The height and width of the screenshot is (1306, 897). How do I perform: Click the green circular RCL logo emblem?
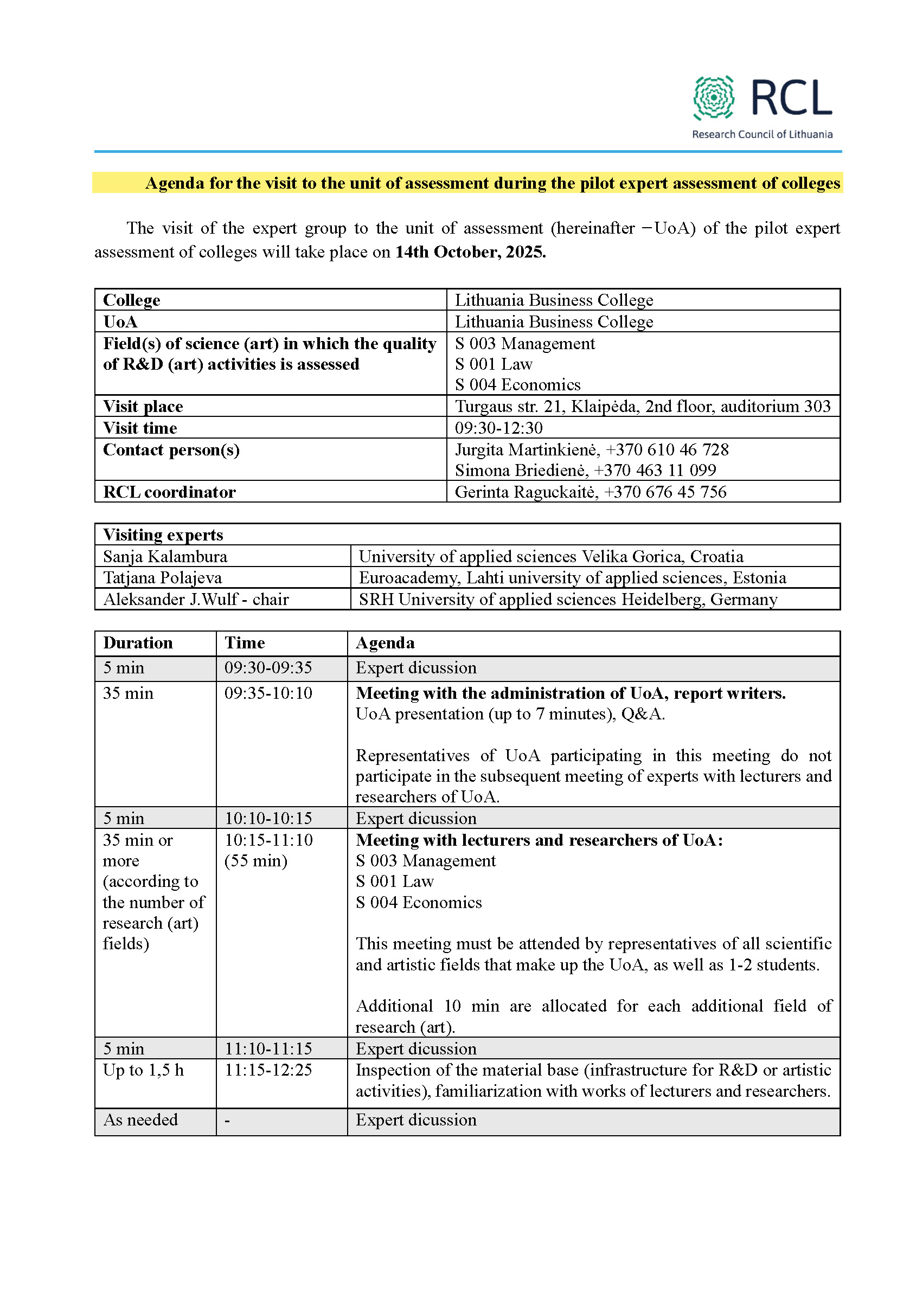coord(713,98)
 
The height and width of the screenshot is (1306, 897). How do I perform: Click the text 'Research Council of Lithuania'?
coord(761,134)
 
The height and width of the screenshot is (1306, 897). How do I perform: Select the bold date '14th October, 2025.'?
coord(470,252)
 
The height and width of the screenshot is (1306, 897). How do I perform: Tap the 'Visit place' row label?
coord(143,406)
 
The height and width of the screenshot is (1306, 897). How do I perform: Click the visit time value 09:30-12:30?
coord(498,428)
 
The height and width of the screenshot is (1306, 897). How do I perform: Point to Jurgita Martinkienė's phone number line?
coord(591,449)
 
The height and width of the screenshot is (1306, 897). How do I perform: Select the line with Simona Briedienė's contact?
coord(585,471)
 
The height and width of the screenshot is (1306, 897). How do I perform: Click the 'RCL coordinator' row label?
coord(169,492)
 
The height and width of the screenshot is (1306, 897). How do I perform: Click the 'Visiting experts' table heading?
coord(163,535)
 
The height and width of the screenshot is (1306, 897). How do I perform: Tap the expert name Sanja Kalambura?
coord(165,556)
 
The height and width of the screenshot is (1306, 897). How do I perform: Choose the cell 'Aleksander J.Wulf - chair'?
coord(196,600)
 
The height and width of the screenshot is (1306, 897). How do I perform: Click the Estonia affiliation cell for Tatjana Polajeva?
coord(572,578)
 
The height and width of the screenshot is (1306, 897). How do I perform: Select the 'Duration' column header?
coord(138,643)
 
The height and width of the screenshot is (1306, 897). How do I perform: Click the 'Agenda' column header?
coord(385,643)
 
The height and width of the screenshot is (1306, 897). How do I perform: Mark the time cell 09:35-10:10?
coord(268,693)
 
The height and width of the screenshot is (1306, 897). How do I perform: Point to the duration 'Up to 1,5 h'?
coord(143,1071)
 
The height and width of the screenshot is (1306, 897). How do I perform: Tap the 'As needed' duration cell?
coord(140,1120)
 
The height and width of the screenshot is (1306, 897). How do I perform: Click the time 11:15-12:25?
coord(268,1071)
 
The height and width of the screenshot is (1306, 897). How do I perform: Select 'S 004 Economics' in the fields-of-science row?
coord(517,385)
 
